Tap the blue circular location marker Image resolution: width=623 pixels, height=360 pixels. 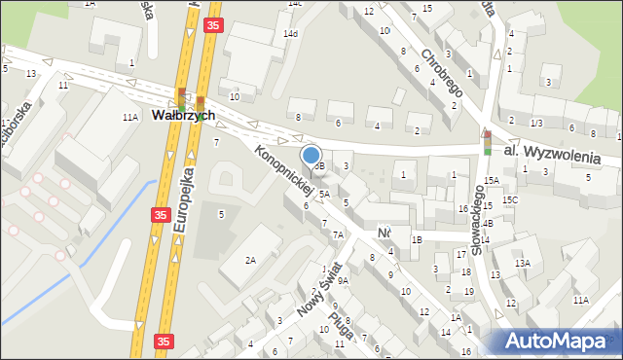[x=311, y=155]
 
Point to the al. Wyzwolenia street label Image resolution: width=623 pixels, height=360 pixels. [x=560, y=154]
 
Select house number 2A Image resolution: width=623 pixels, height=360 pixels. [x=250, y=260]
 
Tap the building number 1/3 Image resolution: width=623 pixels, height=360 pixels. [x=536, y=123]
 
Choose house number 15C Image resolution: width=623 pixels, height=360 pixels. [x=510, y=199]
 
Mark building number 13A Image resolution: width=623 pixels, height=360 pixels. [x=523, y=263]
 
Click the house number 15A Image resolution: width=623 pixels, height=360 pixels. [x=493, y=181]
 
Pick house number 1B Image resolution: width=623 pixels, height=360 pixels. [x=417, y=238]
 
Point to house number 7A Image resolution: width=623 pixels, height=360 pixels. [x=338, y=234]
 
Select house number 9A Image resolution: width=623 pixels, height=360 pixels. [x=343, y=280]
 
